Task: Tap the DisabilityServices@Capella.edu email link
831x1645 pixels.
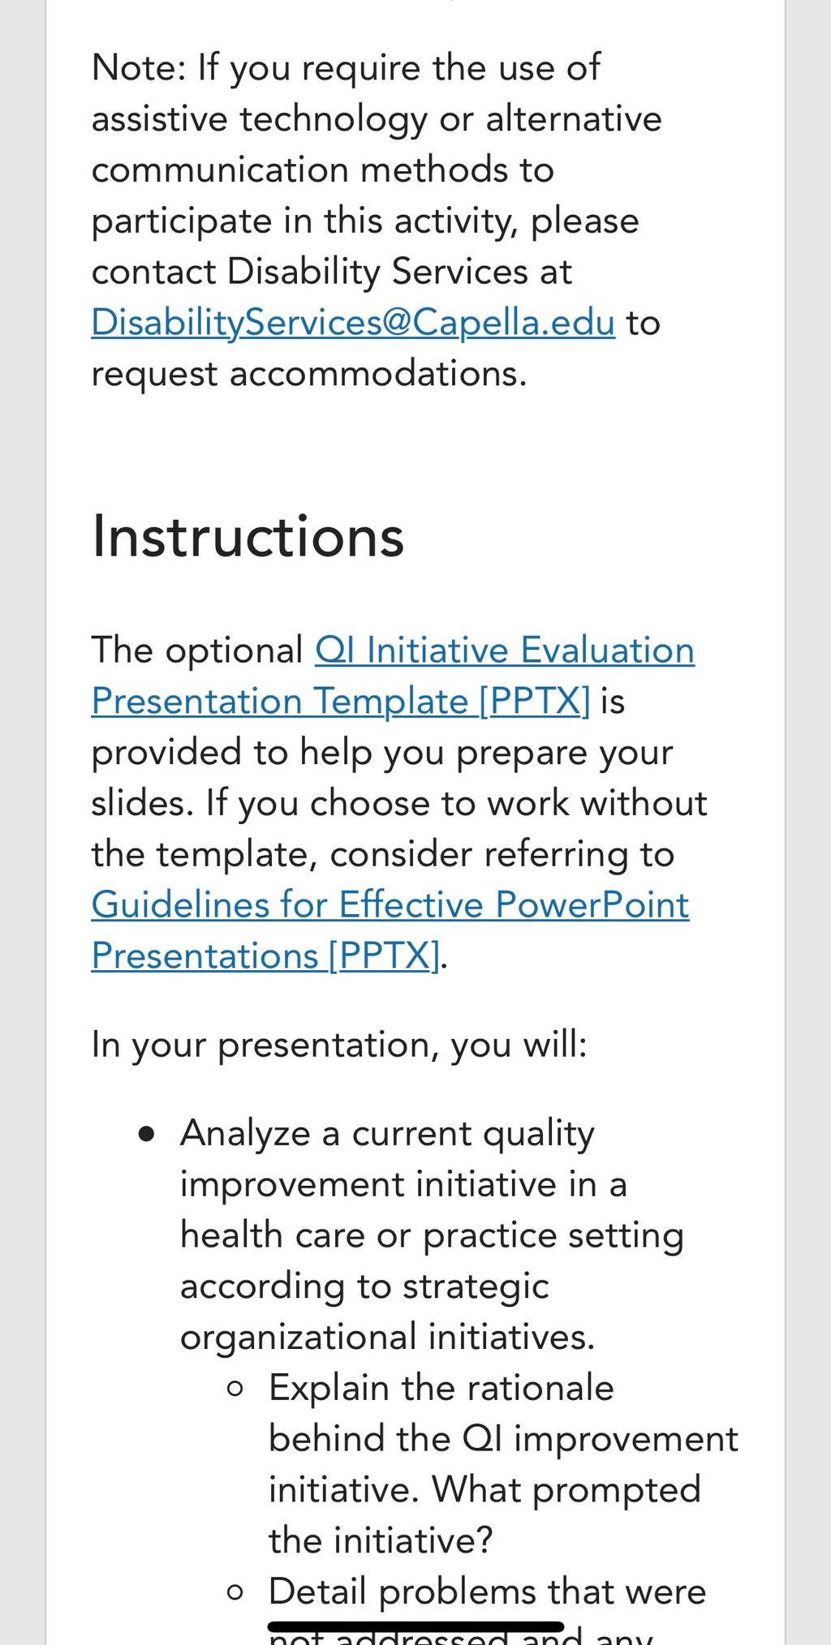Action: (x=353, y=323)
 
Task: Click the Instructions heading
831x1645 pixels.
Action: (x=248, y=536)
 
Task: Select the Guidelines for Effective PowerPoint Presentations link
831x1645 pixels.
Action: (x=390, y=930)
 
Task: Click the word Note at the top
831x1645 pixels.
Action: (x=139, y=67)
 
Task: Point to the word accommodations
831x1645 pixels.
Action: (x=378, y=374)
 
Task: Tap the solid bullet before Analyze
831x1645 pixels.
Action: (x=147, y=1134)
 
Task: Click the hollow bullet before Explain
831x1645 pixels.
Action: (x=235, y=1389)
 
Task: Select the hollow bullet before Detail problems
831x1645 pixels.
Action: (x=235, y=1592)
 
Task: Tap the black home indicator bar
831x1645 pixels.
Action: (x=415, y=1626)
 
